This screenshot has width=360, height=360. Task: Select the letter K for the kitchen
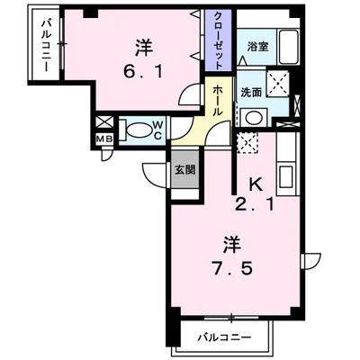256,184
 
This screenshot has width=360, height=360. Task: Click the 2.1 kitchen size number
256,204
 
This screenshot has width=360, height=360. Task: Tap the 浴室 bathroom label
257,46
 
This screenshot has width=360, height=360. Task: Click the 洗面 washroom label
251,91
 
